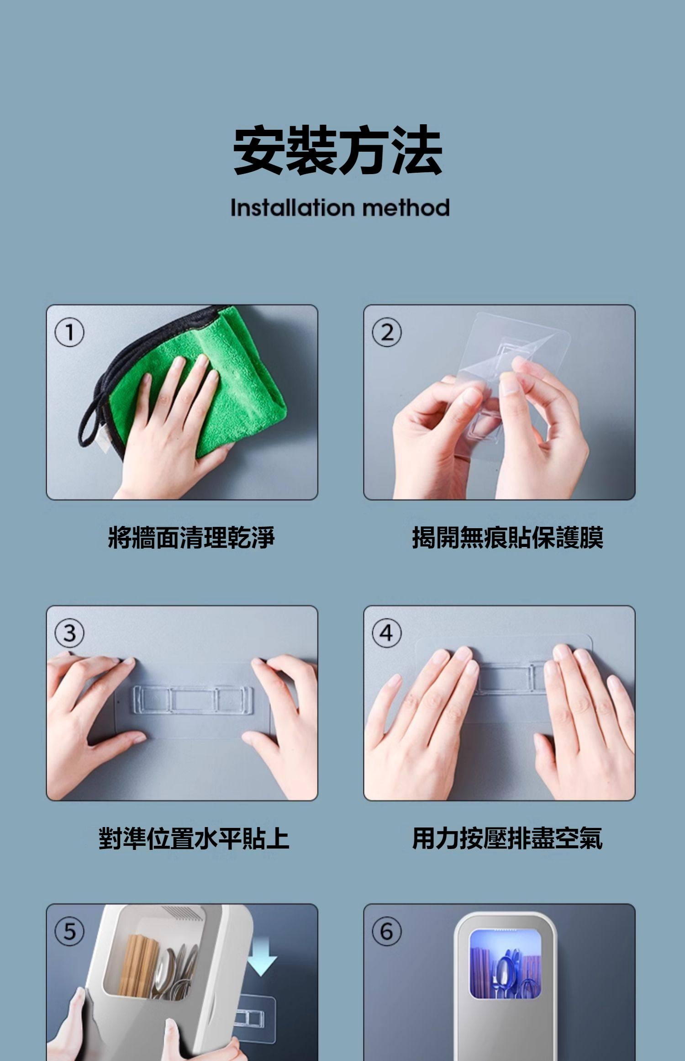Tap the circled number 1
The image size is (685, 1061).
pos(69,332)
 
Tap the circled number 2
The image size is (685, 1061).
pos(387,332)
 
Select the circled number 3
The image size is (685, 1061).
pos(69,633)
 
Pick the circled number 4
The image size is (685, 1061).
pos(387,633)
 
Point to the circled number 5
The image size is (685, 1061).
pos(69,931)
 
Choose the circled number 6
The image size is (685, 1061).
pos(387,931)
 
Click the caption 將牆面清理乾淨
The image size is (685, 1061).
pos(191,537)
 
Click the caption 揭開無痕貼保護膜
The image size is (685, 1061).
pos(508,537)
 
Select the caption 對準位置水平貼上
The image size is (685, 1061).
pos(194,838)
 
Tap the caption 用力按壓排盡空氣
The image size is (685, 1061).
pos(508,838)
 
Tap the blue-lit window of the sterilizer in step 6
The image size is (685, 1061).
pos(506,964)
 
